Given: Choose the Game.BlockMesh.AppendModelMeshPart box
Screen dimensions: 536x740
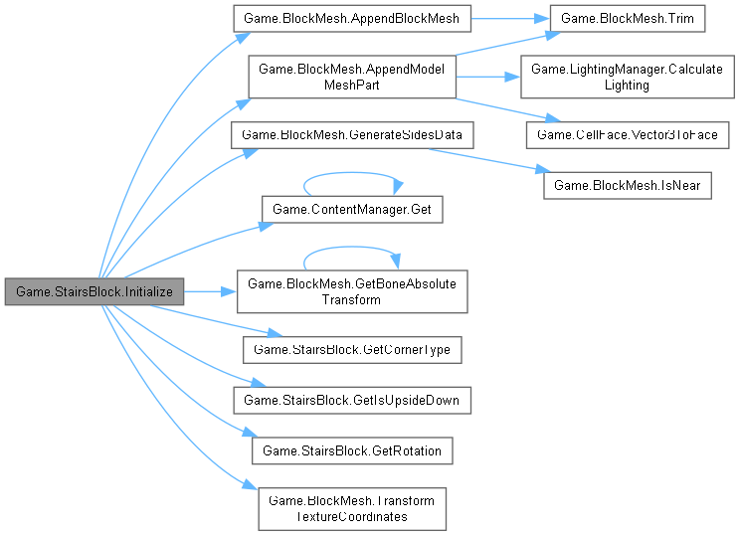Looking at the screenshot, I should pyautogui.click(x=351, y=77).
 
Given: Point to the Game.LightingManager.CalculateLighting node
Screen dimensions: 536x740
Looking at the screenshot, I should pyautogui.click(x=627, y=77).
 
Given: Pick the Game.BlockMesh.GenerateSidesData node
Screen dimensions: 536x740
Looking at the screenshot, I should pyautogui.click(x=352, y=133).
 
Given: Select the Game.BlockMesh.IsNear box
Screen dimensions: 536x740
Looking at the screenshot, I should pyautogui.click(x=628, y=185).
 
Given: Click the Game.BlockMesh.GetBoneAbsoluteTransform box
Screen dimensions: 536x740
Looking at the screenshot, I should pyautogui.click(x=351, y=291).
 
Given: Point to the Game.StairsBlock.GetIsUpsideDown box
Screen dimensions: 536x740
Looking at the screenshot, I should pyautogui.click(x=351, y=400).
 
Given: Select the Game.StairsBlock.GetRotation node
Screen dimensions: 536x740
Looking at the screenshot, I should pyautogui.click(x=351, y=451).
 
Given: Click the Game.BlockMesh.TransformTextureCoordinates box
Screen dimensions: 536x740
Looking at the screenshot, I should pyautogui.click(x=351, y=508).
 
